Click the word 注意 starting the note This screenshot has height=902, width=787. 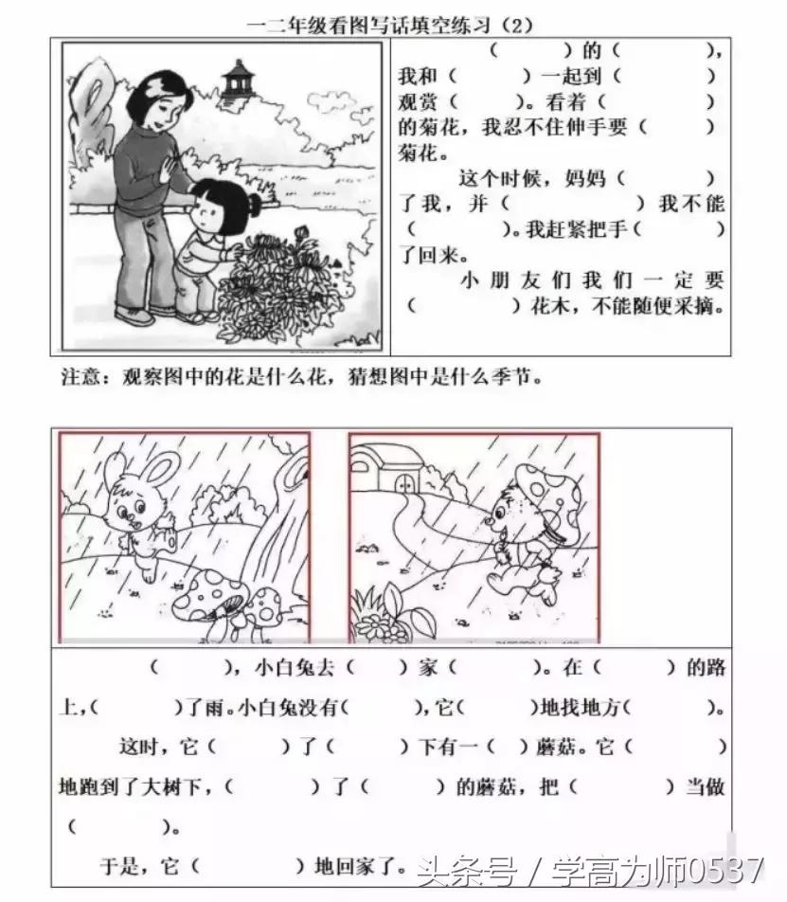pos(78,376)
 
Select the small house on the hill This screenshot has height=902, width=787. pos(384,470)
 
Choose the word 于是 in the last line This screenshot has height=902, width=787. pos(119,864)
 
